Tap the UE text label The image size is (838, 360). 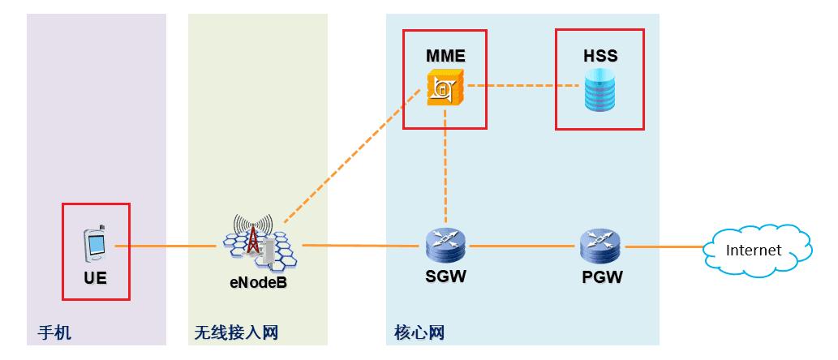click(95, 277)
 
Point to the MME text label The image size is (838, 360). click(445, 56)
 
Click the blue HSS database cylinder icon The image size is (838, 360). click(600, 91)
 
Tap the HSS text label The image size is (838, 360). click(600, 56)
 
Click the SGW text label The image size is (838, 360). click(445, 277)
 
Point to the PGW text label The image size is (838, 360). click(602, 277)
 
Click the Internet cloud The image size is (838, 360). click(756, 250)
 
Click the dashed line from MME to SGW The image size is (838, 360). click(445, 170)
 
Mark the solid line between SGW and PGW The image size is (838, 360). click(523, 246)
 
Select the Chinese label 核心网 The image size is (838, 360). click(419, 332)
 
